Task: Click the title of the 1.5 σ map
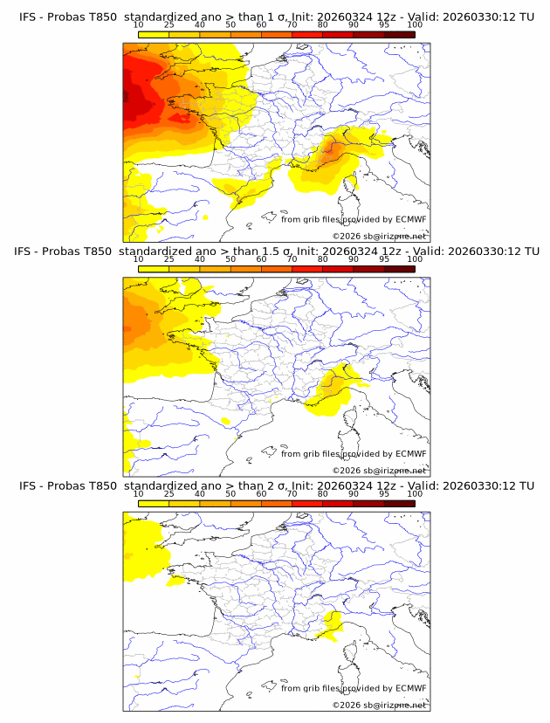[275, 251]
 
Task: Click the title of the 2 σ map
[275, 485]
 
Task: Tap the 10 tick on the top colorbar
[139, 25]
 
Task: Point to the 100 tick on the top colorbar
[415, 25]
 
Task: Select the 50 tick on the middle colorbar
[230, 259]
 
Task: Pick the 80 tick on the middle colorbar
[323, 259]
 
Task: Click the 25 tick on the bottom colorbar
[169, 494]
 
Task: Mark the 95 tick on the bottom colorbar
[384, 494]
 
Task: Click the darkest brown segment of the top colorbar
[399, 35]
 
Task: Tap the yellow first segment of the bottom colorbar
[154, 504]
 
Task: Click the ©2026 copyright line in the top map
[379, 236]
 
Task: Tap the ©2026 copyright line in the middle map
[379, 470]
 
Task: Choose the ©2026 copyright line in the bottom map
[379, 705]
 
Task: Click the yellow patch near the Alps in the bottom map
[330, 625]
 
